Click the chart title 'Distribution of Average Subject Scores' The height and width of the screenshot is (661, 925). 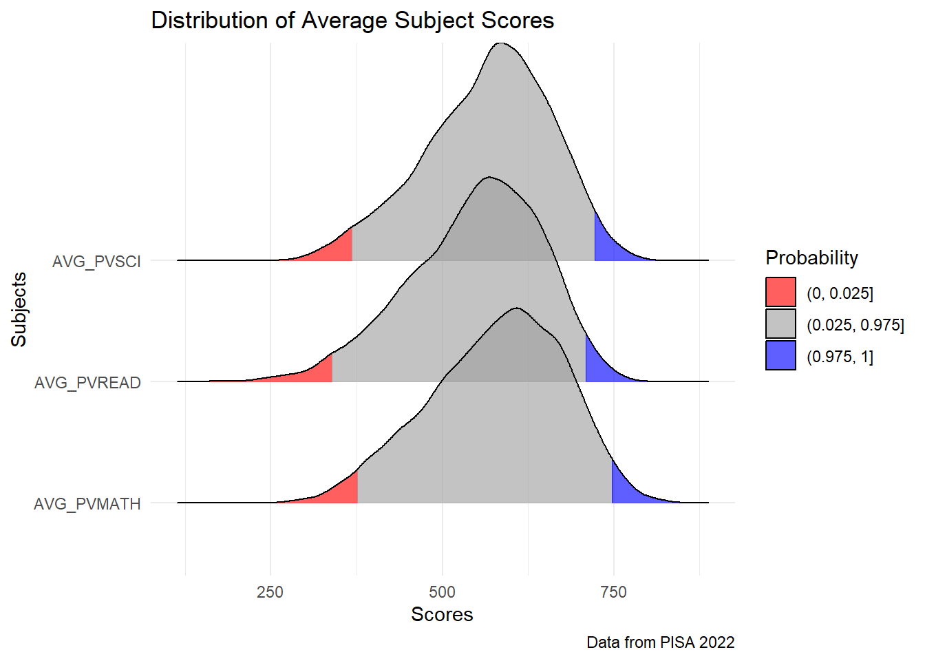point(352,21)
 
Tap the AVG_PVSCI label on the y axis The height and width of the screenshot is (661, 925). point(96,262)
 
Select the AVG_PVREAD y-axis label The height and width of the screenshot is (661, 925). point(87,383)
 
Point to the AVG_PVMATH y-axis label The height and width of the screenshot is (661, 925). point(87,504)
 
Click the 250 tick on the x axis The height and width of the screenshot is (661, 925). point(270,592)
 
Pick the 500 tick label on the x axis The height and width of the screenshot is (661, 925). point(442,592)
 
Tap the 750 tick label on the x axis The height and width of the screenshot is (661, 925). point(613,592)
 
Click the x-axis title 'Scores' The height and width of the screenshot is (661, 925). point(442,614)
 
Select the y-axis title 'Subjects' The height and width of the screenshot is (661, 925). point(19,309)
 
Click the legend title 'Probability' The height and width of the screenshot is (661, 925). point(811,258)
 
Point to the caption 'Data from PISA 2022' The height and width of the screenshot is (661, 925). point(660,642)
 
